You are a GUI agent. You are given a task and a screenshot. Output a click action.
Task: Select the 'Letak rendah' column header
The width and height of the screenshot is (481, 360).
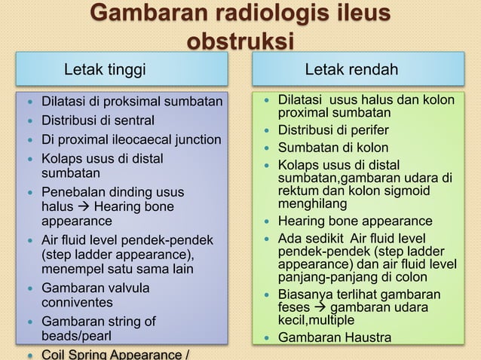point(351,71)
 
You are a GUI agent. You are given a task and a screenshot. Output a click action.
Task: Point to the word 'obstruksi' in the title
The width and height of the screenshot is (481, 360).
point(240,42)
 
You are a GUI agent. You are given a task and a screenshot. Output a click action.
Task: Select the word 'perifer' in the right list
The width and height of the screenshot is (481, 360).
point(367,130)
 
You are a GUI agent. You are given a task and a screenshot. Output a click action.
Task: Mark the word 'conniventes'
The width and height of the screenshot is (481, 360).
point(76,303)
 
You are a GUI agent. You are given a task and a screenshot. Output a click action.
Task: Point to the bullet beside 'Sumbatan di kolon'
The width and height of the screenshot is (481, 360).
point(269,148)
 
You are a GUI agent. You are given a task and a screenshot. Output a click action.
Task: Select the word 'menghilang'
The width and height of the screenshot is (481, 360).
point(312,204)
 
